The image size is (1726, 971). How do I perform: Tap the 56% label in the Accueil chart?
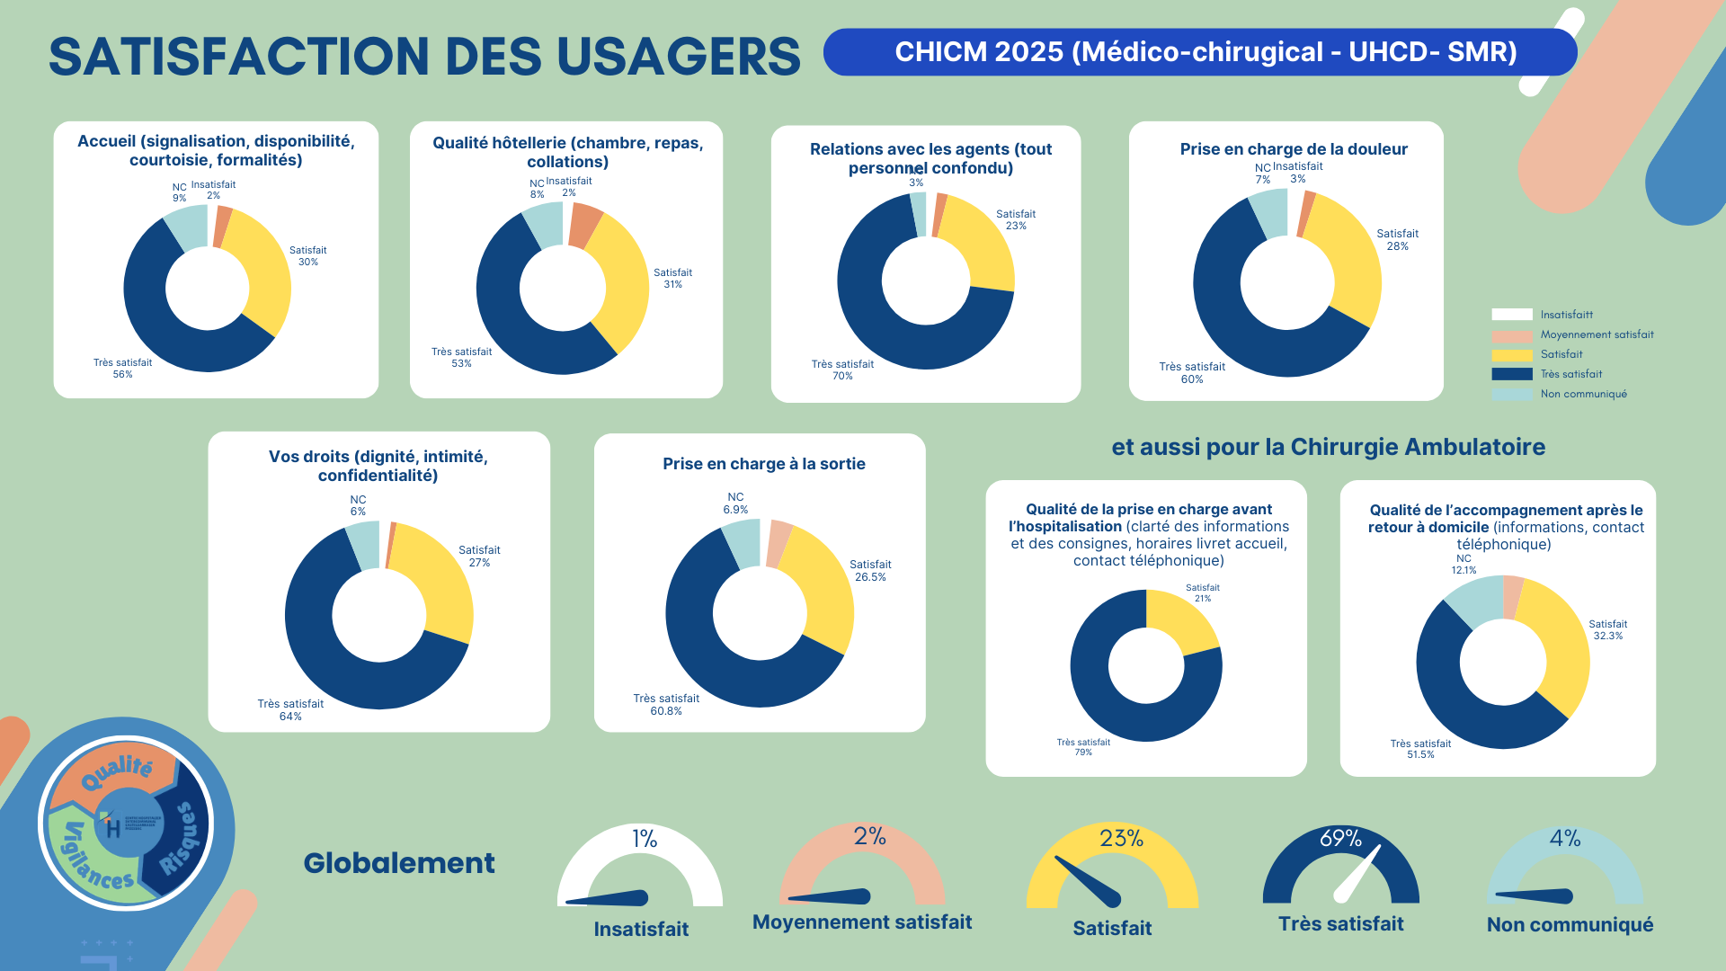click(x=122, y=374)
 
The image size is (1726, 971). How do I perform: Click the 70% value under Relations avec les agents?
click(x=842, y=376)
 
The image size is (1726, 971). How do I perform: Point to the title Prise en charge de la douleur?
click(x=1294, y=149)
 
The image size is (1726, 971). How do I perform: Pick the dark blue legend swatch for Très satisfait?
click(x=1511, y=374)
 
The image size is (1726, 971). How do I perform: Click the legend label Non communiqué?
click(x=1583, y=394)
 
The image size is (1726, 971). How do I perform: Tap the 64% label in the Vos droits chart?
click(x=290, y=717)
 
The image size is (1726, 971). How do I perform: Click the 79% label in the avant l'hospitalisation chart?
click(x=1083, y=753)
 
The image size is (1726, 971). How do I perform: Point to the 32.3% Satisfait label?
click(x=1607, y=636)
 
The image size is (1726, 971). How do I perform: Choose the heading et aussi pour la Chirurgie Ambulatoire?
click(x=1328, y=447)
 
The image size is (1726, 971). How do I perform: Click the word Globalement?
click(x=399, y=863)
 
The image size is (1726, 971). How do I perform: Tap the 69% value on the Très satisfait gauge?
click(x=1340, y=839)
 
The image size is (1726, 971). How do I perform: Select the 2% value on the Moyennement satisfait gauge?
click(x=869, y=837)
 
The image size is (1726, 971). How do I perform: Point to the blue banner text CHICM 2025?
click(x=978, y=52)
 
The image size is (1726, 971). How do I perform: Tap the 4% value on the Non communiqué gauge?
click(x=1564, y=839)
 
